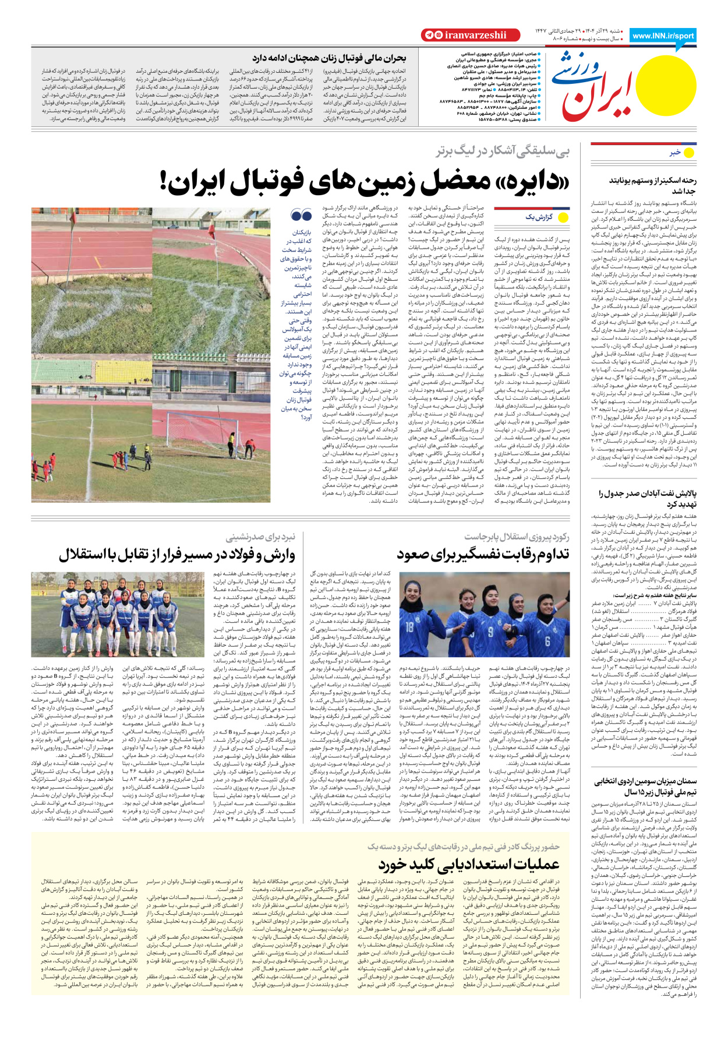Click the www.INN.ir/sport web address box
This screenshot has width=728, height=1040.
pyautogui.click(x=663, y=36)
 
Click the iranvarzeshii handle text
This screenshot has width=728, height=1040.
pyautogui.click(x=475, y=36)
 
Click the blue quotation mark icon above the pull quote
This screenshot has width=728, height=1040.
pyautogui.click(x=302, y=216)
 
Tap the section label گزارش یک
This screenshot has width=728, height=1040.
pyautogui.click(x=539, y=217)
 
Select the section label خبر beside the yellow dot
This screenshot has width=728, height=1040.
pyautogui.click(x=675, y=153)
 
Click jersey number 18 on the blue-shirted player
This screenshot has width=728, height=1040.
pyautogui.click(x=410, y=627)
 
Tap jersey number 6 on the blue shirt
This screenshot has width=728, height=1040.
pyautogui.click(x=547, y=640)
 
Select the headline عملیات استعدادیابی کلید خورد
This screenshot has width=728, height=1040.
pyautogui.click(x=469, y=863)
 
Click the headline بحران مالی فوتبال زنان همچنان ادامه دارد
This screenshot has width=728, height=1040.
pyautogui.click(x=329, y=58)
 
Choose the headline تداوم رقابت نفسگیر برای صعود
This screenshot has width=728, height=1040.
pyautogui.click(x=483, y=554)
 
